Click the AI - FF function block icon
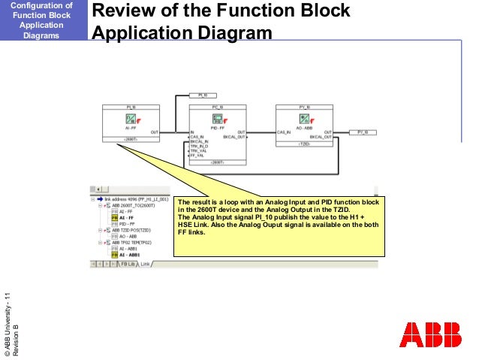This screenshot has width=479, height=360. click(x=127, y=118)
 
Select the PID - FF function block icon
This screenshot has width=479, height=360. click(x=215, y=118)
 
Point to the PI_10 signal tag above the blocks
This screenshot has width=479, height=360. click(x=203, y=95)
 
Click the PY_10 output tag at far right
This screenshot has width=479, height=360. click(x=363, y=132)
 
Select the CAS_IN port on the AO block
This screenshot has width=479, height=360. click(x=285, y=132)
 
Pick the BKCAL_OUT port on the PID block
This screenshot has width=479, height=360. click(x=234, y=137)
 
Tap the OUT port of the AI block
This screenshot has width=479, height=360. click(x=154, y=132)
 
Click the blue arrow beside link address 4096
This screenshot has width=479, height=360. click(x=100, y=200)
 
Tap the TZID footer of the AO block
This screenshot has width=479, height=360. click(x=304, y=143)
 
